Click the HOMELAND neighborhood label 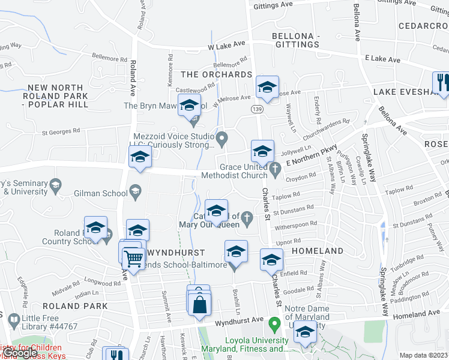point(318,251)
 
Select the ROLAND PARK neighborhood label point(75,306)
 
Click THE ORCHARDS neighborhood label point(216,75)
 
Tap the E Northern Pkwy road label point(312,155)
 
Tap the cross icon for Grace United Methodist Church point(276,170)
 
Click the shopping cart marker point(133,260)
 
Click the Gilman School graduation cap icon point(136,193)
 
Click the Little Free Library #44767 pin point(11,322)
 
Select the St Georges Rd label point(60,131)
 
